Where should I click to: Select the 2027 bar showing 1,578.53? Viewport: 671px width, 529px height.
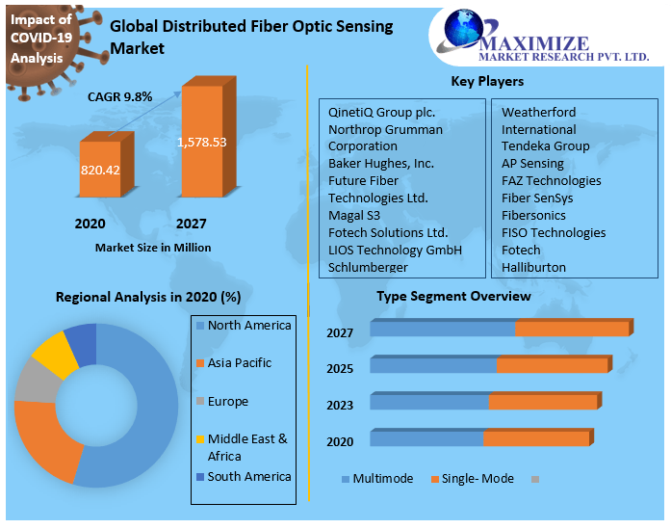click(202, 145)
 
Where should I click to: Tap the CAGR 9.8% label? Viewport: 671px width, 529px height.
click(120, 96)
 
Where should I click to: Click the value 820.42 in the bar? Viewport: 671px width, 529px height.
click(100, 170)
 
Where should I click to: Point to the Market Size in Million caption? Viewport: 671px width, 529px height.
click(153, 248)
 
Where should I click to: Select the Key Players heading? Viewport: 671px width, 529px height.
click(487, 81)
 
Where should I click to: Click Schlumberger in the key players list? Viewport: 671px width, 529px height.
click(368, 267)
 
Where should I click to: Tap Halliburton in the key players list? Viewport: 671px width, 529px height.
click(533, 267)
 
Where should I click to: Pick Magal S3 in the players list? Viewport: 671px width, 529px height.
click(355, 215)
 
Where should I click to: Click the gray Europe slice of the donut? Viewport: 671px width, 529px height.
click(35, 383)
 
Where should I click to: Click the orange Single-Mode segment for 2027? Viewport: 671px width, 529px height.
click(572, 329)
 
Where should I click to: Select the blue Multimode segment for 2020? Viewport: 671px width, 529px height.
click(426, 438)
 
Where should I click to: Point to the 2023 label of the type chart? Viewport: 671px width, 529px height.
click(340, 406)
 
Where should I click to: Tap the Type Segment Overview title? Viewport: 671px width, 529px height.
click(453, 296)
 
